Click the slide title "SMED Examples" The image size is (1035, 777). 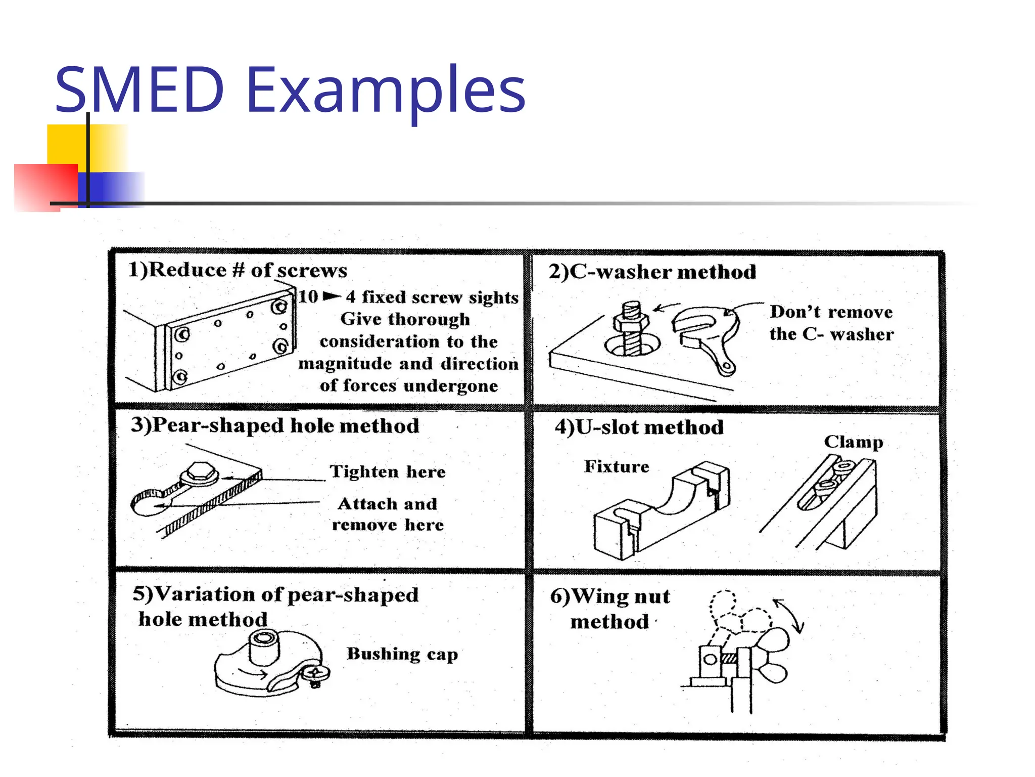pos(290,90)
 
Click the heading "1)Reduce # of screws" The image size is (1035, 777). pos(238,270)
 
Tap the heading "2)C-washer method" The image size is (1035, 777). pos(652,272)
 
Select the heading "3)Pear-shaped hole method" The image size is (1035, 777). pos(275,425)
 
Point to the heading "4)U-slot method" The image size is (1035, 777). pos(639,427)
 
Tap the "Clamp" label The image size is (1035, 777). pos(853,442)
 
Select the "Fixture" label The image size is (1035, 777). pos(617,466)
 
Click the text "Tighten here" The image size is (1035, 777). pos(388,471)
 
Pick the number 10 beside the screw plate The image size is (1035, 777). pos(308,296)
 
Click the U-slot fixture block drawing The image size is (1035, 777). pos(662,511)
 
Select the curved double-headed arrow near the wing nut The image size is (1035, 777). pos(788,615)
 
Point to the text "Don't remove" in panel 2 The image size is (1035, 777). pos(831,312)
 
